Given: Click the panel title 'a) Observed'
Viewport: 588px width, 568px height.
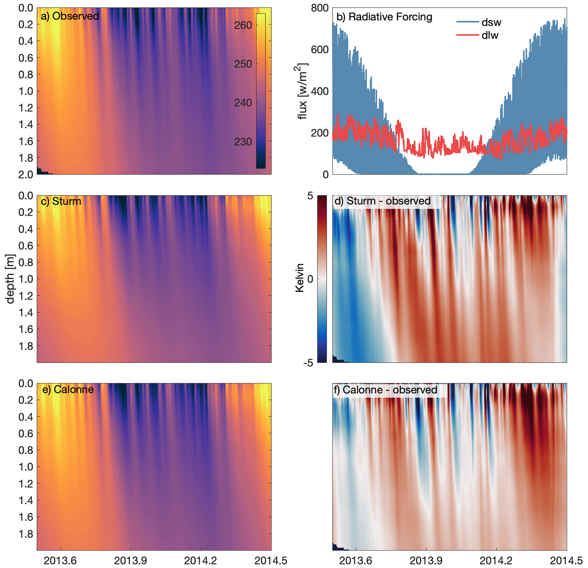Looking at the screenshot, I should point(70,16).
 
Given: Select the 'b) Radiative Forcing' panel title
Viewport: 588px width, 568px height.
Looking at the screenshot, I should point(384,17).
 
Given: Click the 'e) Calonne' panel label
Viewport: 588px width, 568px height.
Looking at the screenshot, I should point(68,389).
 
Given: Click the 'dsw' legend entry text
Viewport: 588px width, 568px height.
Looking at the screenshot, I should point(491,23).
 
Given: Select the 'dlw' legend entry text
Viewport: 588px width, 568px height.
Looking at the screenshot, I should point(490,35).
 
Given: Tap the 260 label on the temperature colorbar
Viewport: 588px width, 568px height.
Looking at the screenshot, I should point(243,25).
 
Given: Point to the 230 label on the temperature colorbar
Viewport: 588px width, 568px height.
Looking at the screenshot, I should point(243,142).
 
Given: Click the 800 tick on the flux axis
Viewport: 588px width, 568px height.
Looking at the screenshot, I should point(320,8).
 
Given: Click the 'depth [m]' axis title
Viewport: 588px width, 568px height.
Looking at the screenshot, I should point(10,279).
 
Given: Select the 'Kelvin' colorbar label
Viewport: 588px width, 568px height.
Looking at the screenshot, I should point(299,278).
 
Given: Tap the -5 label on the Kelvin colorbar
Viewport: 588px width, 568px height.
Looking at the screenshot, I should point(308,363).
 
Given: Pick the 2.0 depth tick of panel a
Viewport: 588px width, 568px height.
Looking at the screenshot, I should point(26,175).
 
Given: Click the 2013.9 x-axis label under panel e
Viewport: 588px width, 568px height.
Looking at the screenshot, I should point(131,561).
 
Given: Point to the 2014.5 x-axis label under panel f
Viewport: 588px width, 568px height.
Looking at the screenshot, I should point(566,561).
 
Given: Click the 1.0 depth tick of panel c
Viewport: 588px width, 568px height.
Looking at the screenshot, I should point(26,279).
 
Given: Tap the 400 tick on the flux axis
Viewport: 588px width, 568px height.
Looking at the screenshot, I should point(320,91).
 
